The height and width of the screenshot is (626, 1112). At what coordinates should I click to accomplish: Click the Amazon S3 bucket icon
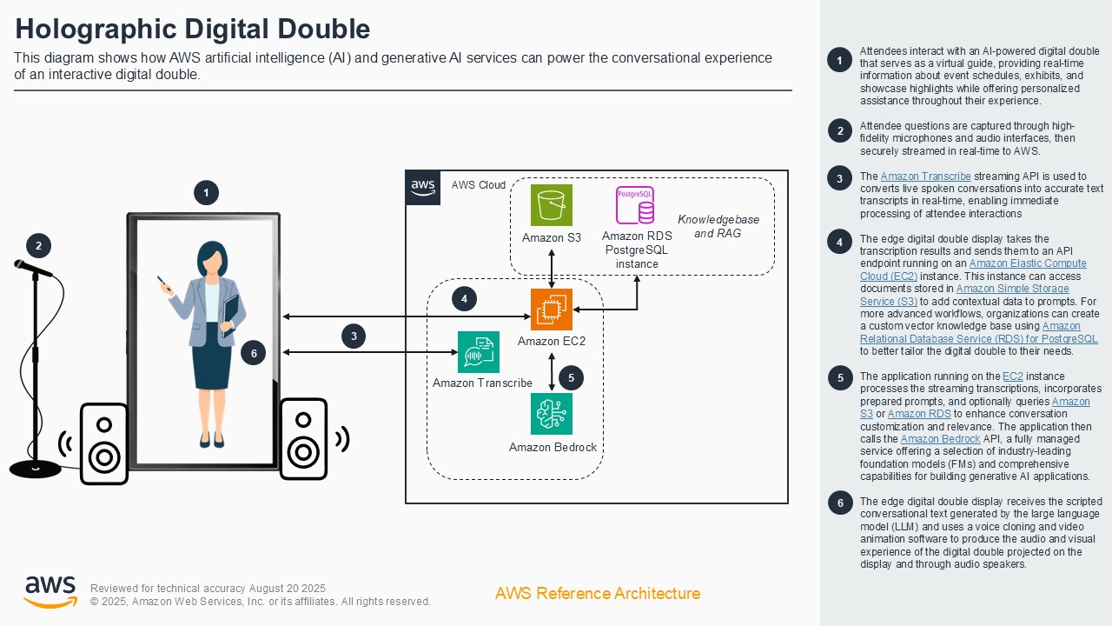(552, 205)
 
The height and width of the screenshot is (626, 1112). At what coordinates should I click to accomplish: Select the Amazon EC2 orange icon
(552, 310)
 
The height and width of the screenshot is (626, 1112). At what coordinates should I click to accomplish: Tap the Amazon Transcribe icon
(479, 352)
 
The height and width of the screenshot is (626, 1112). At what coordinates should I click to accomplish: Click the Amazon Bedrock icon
(552, 414)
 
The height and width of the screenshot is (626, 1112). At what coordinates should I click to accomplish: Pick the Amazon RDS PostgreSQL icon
(635, 205)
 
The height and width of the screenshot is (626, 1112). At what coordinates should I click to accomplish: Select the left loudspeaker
(104, 443)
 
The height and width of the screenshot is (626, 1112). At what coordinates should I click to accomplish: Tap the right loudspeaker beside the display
(303, 439)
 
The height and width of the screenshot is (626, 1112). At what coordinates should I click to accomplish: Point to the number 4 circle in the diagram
(465, 299)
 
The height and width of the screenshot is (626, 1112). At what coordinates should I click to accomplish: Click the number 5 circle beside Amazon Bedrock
(571, 377)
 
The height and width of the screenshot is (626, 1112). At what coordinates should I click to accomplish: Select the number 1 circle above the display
(206, 192)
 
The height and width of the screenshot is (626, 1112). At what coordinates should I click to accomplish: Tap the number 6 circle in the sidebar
(840, 503)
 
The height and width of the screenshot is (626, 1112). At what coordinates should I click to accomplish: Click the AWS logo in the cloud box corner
(423, 187)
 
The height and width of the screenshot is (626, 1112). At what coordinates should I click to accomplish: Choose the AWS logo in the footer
(50, 592)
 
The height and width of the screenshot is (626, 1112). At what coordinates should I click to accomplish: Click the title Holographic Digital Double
(193, 29)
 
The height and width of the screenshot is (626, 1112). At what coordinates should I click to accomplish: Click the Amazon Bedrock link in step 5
(940, 439)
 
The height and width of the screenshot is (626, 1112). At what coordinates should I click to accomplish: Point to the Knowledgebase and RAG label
(718, 226)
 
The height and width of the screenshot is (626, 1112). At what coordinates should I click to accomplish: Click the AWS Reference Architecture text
(597, 594)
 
